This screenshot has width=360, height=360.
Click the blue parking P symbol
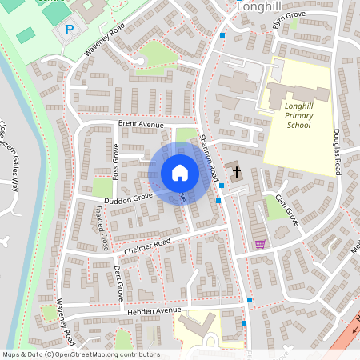(x=70, y=29)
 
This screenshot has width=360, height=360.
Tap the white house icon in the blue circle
(x=180, y=172)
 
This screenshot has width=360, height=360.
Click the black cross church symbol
(x=236, y=171)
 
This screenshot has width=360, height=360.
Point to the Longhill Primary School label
(x=298, y=114)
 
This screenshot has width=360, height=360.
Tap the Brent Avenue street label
(x=140, y=124)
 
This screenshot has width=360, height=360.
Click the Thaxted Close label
(x=102, y=227)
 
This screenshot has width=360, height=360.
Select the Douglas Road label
(x=338, y=152)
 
